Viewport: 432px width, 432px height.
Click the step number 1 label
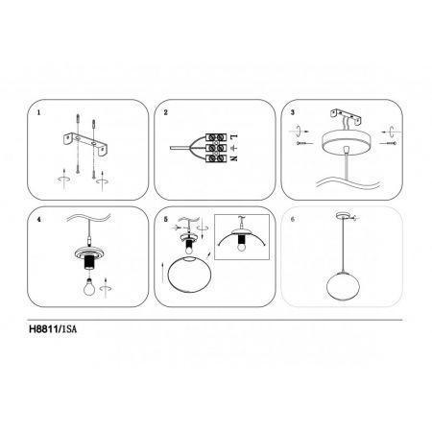[38, 112]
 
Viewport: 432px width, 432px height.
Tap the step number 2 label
[165, 112]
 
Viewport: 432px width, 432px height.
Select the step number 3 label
[292, 112]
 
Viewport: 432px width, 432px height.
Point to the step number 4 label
[38, 220]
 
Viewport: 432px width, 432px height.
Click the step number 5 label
[165, 220]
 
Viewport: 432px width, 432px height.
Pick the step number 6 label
[292, 220]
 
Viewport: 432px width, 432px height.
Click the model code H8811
[43, 329]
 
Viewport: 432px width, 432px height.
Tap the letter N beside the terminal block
[234, 157]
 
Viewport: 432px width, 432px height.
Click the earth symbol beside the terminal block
[234, 148]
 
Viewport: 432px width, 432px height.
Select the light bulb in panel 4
[90, 286]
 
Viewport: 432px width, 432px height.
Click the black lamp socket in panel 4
[88, 263]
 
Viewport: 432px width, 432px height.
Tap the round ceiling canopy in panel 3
[346, 141]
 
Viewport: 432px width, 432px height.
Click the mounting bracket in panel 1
[85, 143]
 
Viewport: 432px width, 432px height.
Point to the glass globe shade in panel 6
[342, 286]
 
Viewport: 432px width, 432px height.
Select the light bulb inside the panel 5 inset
[242, 247]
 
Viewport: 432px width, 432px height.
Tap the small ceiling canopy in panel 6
[343, 215]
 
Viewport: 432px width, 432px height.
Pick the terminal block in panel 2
[216, 148]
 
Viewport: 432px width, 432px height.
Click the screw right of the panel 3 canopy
[389, 143]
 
